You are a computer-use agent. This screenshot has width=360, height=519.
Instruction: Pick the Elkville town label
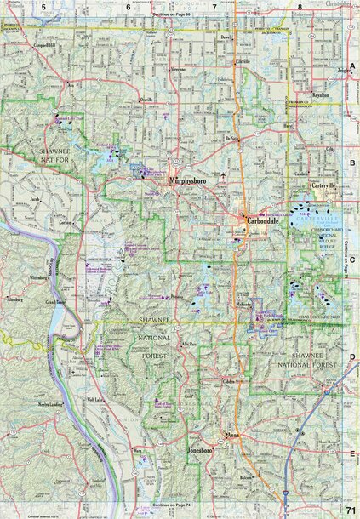(243, 61)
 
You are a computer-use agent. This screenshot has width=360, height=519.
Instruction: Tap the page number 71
(349, 509)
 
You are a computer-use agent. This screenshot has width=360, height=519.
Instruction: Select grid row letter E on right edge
(351, 454)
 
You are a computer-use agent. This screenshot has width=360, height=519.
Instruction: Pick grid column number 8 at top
(300, 7)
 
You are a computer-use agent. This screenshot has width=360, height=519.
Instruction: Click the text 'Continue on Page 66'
(174, 16)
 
